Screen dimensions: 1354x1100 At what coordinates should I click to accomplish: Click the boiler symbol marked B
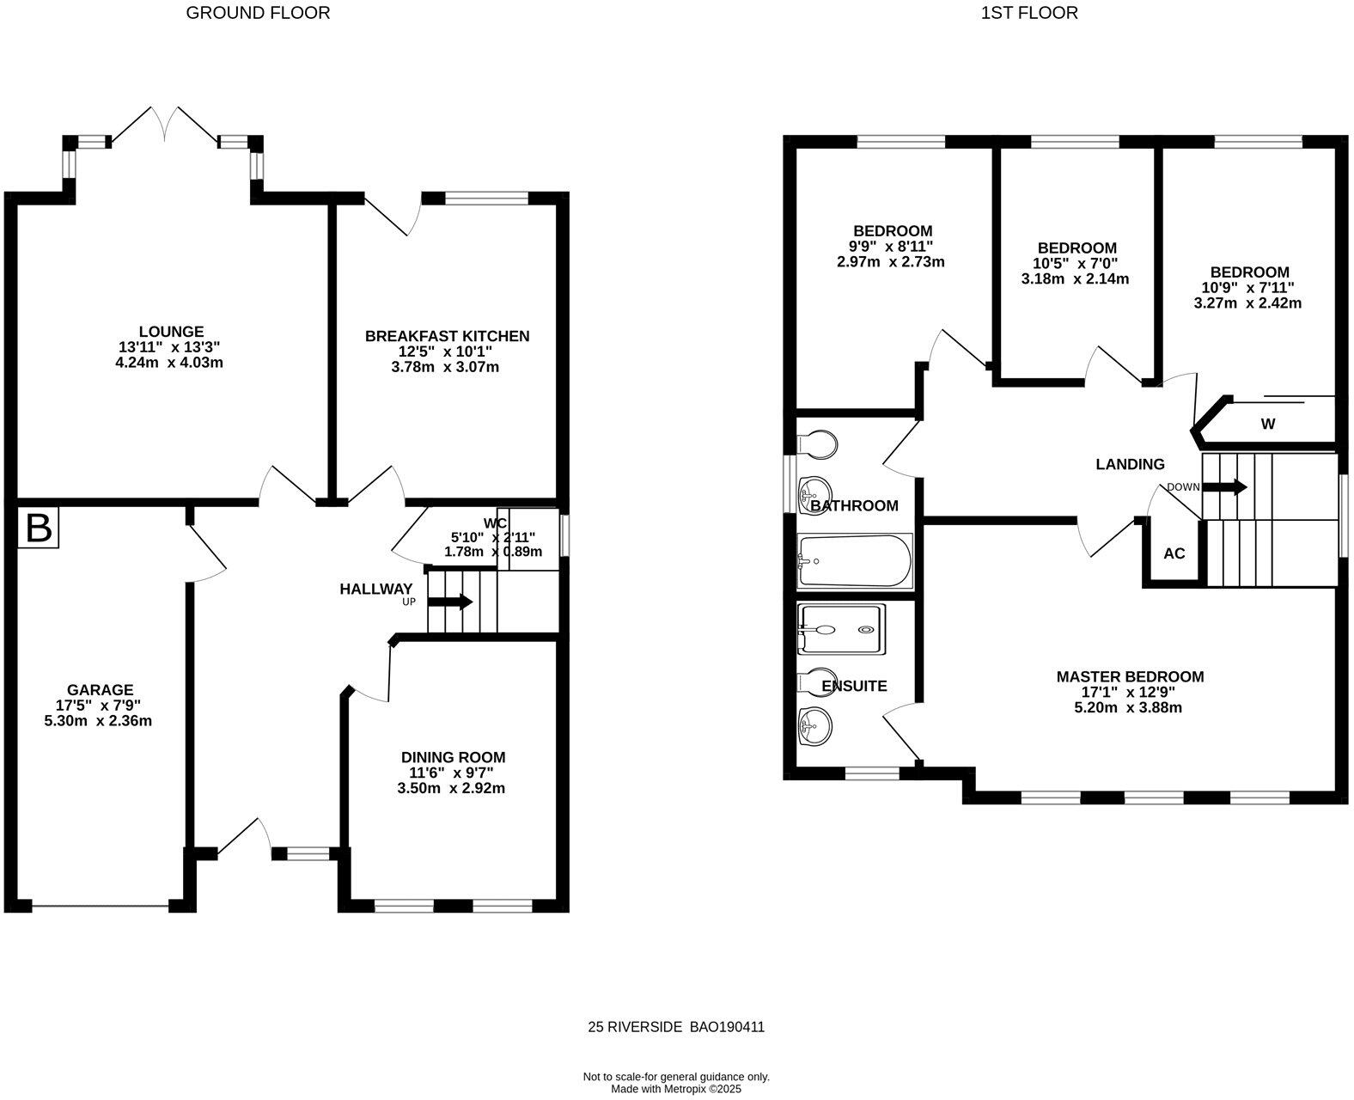click(38, 527)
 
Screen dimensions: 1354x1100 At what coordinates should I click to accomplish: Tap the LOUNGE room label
click(172, 331)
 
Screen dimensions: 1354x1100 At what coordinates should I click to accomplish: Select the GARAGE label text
click(101, 690)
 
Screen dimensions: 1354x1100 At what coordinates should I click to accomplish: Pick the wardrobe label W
click(1268, 425)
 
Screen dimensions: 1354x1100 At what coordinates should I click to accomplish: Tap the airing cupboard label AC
click(1174, 553)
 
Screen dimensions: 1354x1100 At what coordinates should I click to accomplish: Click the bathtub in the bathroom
click(855, 561)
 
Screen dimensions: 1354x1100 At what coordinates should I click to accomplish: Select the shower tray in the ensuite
click(841, 629)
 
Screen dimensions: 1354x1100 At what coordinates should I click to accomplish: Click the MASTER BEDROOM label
click(1131, 676)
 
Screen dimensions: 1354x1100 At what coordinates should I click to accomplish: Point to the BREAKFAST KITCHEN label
click(447, 336)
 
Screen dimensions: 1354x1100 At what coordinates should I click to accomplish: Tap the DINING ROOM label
click(454, 757)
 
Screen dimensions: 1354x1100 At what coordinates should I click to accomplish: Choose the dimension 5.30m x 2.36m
click(99, 721)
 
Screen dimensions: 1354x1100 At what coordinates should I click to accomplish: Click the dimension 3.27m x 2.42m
click(1247, 303)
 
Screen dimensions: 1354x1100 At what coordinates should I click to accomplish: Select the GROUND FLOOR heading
click(258, 14)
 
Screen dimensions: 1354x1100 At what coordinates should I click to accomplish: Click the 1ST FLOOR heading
click(1030, 14)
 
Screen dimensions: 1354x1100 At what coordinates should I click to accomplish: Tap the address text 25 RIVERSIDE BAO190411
click(676, 1027)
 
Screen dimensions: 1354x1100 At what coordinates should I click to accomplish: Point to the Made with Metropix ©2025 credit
click(676, 1089)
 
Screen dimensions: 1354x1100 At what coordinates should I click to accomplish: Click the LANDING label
click(1131, 465)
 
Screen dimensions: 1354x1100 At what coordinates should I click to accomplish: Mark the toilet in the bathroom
click(818, 444)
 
